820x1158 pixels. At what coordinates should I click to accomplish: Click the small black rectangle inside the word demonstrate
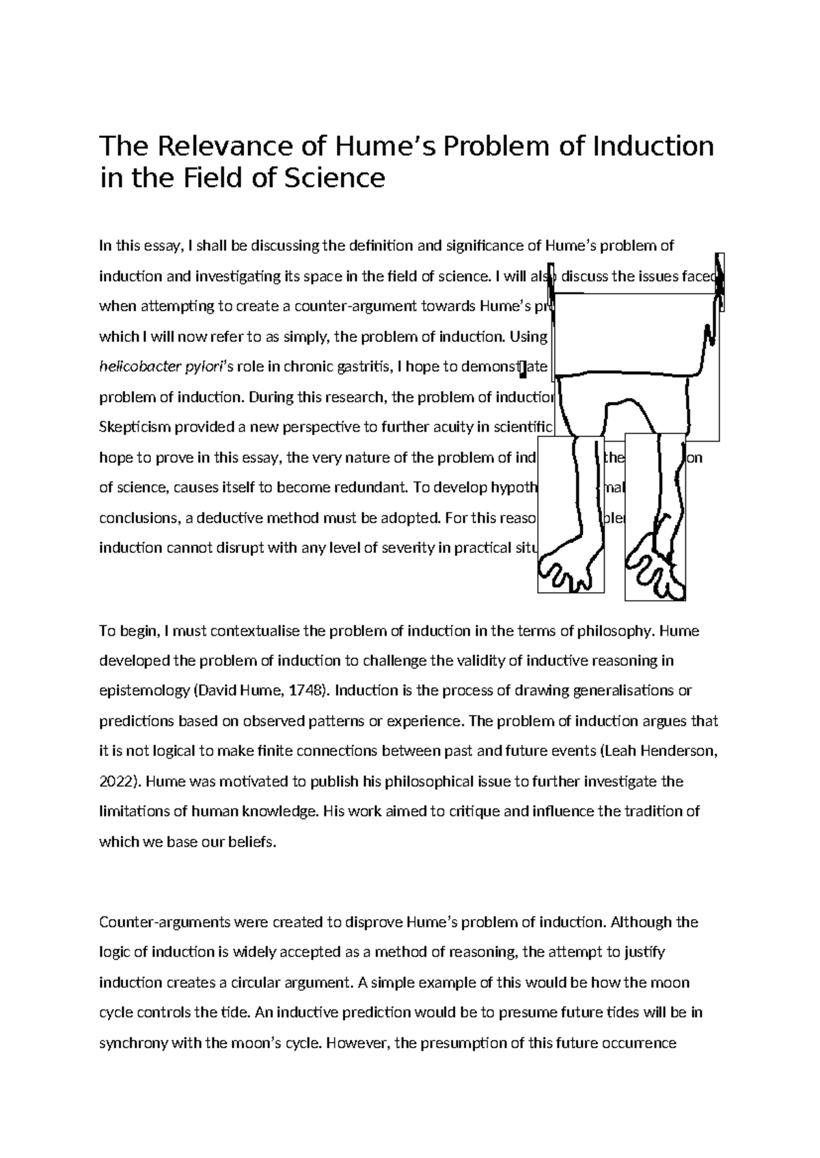pos(523,369)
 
